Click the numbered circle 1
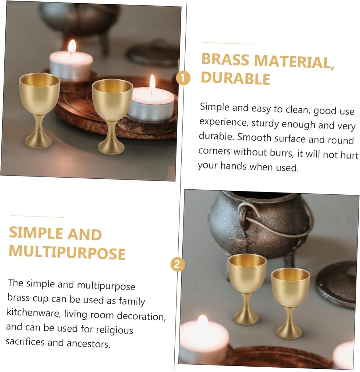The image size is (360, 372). coord(183,78)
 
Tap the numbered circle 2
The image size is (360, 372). coord(177,264)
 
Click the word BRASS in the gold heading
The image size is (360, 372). coord(225,60)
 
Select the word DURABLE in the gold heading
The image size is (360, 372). coord(235,78)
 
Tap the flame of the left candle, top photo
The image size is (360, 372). coord(72,46)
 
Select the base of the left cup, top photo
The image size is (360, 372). coord(38,141)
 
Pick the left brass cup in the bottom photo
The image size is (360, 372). coord(247,287)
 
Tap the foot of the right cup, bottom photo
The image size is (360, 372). coord(289,332)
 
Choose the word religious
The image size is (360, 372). coord(114,330)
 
